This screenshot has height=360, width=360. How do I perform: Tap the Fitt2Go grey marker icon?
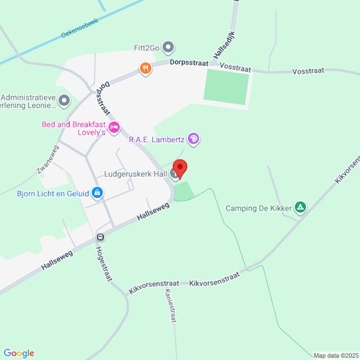169,46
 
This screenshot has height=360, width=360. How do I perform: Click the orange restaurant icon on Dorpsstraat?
145,69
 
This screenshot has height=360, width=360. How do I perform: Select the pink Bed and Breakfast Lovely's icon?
114,127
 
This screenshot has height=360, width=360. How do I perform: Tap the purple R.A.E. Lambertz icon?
193,140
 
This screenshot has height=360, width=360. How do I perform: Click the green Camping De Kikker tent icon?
301,208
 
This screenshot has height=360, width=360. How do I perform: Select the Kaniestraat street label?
170,307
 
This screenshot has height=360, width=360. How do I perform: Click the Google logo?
19,353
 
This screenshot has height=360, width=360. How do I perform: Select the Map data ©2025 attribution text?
335,355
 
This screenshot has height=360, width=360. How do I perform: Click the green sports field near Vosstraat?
226,88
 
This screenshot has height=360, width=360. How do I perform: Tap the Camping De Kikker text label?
259,209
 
